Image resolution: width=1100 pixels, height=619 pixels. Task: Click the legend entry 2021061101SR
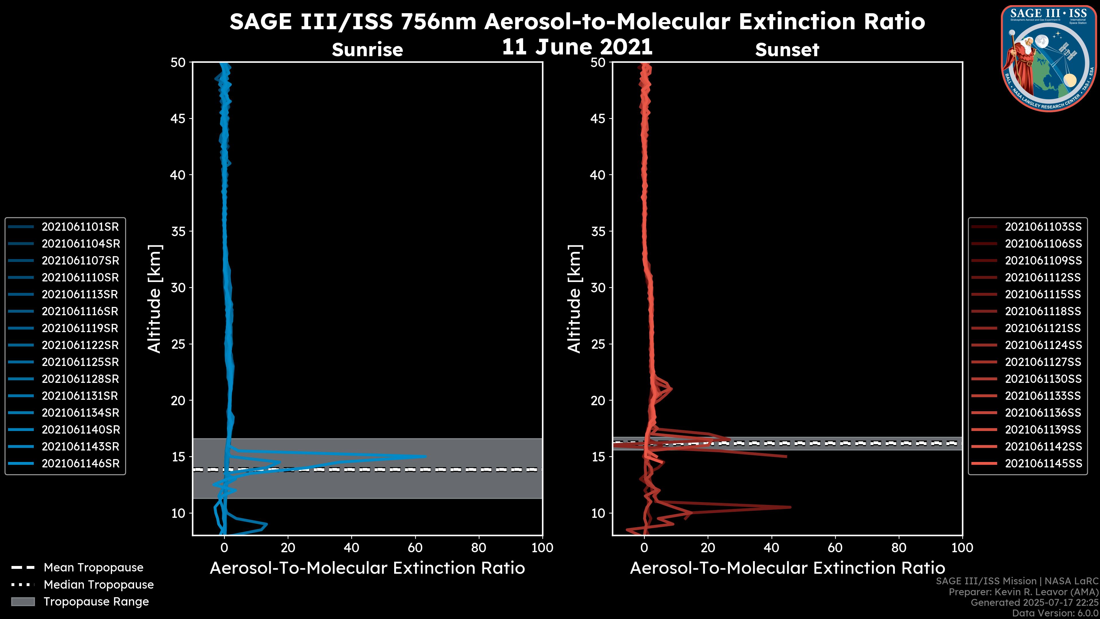pyautogui.click(x=80, y=227)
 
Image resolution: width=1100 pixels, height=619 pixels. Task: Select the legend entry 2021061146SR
pyautogui.click(x=80, y=463)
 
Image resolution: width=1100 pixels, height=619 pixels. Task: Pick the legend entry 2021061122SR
pyautogui.click(x=80, y=345)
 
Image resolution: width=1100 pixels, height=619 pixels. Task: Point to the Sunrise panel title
pyautogui.click(x=367, y=50)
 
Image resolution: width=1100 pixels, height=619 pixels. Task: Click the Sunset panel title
pyautogui.click(x=787, y=50)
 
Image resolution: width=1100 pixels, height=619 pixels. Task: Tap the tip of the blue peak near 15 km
pyautogui.click(x=425, y=456)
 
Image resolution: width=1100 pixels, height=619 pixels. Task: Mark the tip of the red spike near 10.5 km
pyautogui.click(x=790, y=507)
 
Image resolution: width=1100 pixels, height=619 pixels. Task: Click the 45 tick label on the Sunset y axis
pyautogui.click(x=598, y=118)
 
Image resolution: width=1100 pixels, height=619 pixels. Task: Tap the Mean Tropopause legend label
pyautogui.click(x=93, y=568)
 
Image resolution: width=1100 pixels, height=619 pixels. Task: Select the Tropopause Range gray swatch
pyautogui.click(x=23, y=602)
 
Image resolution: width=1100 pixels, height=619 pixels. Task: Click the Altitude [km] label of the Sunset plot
pyautogui.click(x=574, y=299)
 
